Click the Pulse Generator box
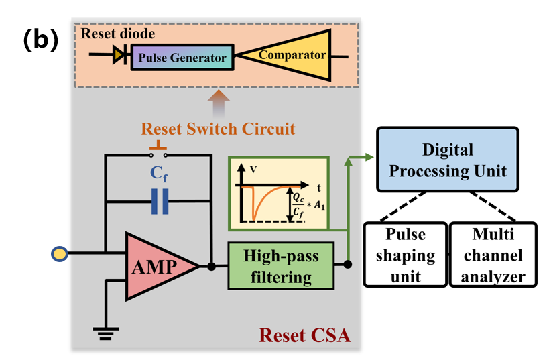pos(182,58)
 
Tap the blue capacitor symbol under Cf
pos(159,202)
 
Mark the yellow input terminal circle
pos(60,253)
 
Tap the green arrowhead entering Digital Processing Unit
pos(368,159)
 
